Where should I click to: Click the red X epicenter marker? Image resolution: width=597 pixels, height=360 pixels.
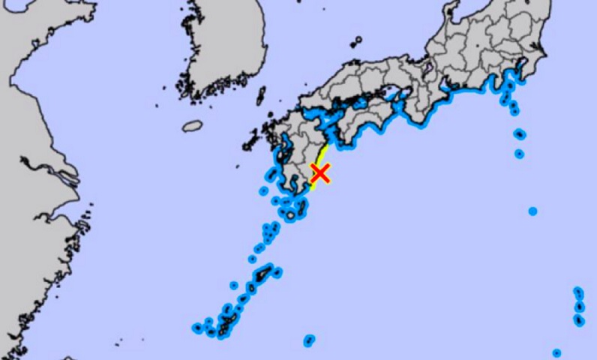320,174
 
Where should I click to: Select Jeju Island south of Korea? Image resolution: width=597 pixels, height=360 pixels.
193,126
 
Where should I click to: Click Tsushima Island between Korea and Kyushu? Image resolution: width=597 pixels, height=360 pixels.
261,95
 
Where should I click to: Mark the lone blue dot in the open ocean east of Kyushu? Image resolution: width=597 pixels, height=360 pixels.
532,211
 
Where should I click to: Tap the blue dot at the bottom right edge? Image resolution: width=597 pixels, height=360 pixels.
556,352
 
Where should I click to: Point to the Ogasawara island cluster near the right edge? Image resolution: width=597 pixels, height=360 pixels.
579,306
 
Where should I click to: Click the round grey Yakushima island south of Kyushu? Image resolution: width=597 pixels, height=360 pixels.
290,215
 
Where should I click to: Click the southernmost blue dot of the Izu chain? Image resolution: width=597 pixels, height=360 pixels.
519,154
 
